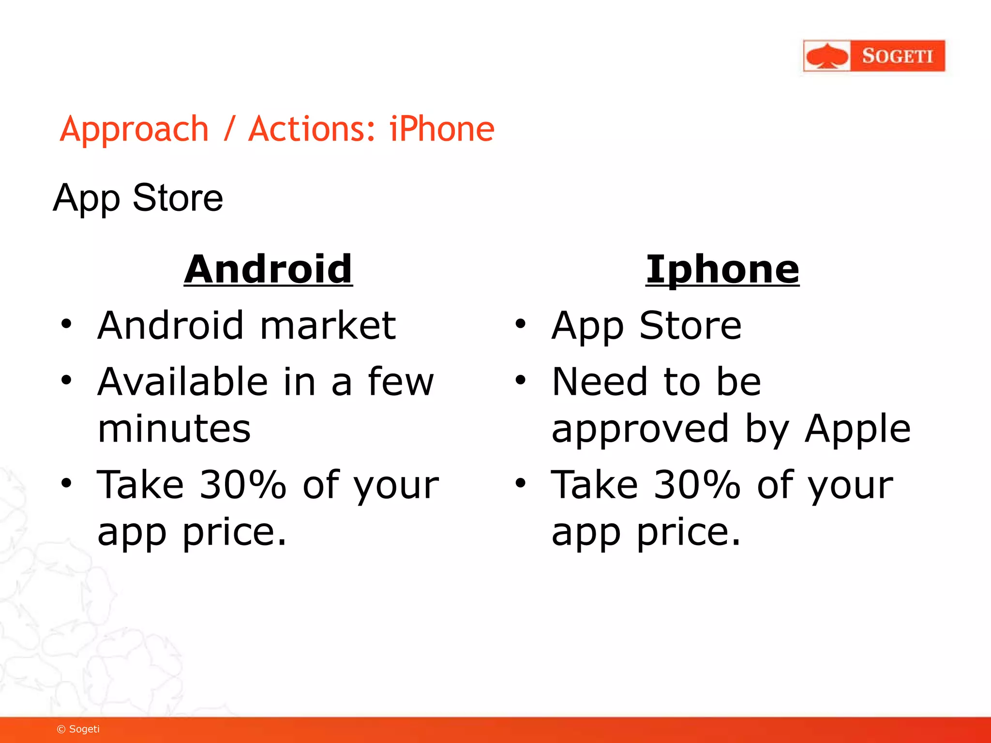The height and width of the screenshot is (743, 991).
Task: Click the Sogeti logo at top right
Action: click(x=874, y=56)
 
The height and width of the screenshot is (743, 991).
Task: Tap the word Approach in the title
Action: click(x=134, y=130)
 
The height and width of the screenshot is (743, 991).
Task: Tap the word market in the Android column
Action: click(x=328, y=325)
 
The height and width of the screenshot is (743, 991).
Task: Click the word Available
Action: click(x=182, y=382)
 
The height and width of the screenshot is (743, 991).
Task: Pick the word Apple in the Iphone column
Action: click(x=857, y=430)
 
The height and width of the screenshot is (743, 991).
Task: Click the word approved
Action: click(x=640, y=430)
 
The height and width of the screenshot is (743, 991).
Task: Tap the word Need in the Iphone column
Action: click(x=599, y=382)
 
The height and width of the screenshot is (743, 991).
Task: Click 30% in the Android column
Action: click(x=242, y=485)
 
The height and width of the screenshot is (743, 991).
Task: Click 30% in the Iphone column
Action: click(x=697, y=485)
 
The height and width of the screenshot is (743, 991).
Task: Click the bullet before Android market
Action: click(x=66, y=324)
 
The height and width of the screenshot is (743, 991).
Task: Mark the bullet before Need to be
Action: click(x=520, y=380)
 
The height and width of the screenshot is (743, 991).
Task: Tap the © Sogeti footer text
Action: click(x=78, y=729)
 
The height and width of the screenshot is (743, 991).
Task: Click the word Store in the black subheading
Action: click(x=178, y=198)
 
